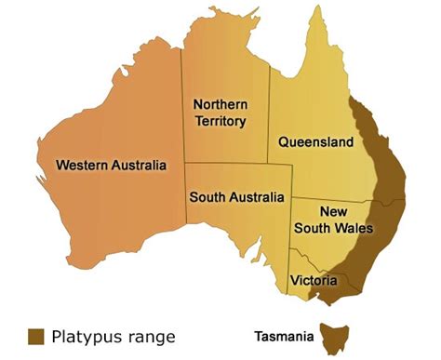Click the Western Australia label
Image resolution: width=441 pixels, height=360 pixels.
[111, 166]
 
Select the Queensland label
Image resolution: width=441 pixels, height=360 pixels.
[316, 142]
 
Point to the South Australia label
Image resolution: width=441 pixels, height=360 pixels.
[236, 197]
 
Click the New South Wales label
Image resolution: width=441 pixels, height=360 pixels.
[333, 220]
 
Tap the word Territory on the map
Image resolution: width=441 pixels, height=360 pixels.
[220, 121]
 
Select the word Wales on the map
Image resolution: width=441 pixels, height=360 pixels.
[354, 228]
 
